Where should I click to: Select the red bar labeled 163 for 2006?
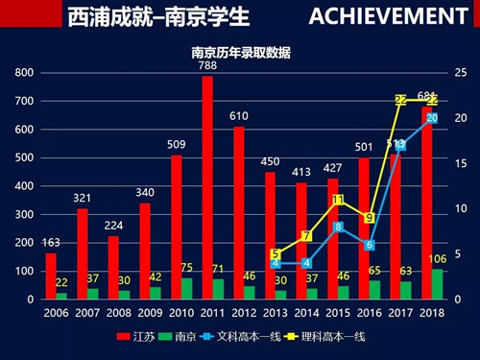(51, 276)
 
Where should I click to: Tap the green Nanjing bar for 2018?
(439, 284)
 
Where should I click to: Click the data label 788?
(208, 66)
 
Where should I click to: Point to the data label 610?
(238, 116)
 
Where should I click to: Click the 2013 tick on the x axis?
(275, 313)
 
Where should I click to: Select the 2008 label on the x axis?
(118, 313)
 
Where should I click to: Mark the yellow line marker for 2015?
(337, 200)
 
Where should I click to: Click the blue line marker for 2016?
(369, 245)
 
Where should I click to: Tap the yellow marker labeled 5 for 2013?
(275, 254)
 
